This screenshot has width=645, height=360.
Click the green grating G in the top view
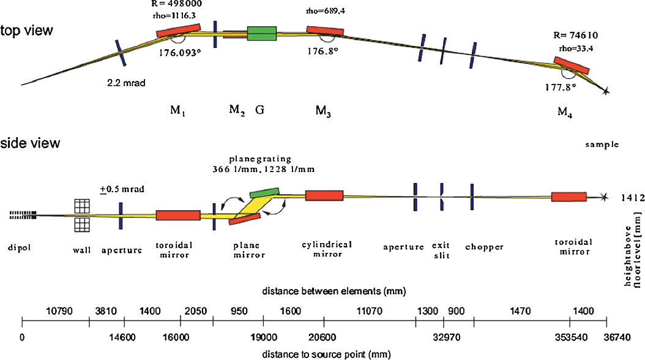coord(262,34)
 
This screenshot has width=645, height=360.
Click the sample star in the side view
coord(605,197)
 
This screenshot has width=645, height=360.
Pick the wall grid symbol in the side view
coord(82,216)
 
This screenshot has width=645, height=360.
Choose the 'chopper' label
coord(483,247)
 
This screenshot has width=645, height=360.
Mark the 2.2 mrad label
coord(125,82)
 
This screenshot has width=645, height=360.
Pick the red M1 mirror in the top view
coord(179,31)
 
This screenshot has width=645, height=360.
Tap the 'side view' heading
coord(31,143)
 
